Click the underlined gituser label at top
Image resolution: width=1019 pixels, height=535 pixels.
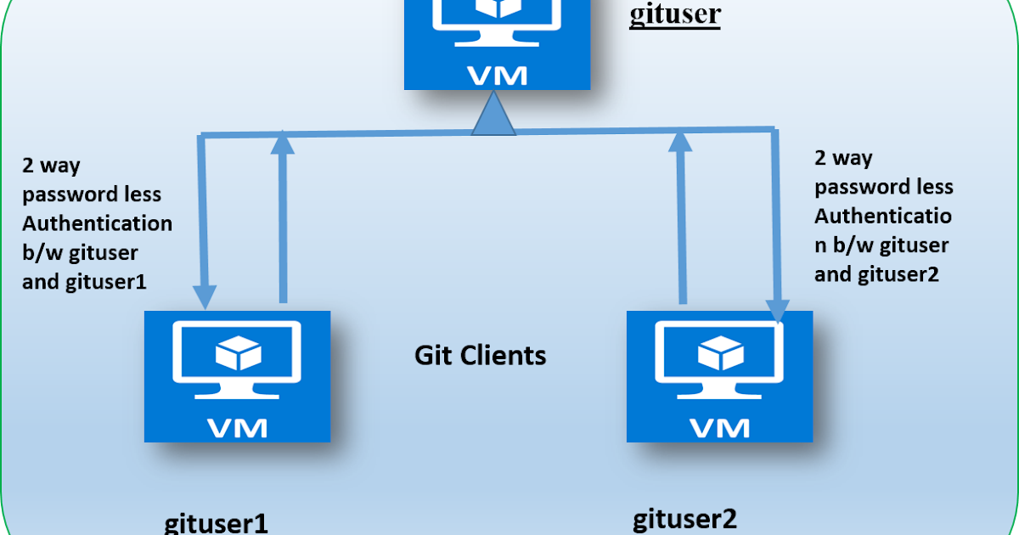674,15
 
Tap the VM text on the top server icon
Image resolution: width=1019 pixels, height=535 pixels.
497,75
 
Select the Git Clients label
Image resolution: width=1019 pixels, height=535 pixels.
480,354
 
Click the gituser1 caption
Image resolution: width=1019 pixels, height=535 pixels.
216,522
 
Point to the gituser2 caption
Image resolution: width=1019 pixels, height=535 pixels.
685,518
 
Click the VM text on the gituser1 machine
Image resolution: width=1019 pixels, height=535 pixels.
237,425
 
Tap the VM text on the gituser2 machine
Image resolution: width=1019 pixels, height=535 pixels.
719,425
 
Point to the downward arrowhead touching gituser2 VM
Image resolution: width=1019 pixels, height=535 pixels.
777,309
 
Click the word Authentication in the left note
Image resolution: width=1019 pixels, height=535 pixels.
97,224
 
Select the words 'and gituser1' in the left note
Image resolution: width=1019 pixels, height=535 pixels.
85,282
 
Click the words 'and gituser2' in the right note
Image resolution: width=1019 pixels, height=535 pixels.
876,274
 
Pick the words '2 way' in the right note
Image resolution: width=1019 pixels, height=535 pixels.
843,158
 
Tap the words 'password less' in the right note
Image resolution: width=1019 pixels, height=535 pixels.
883,187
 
